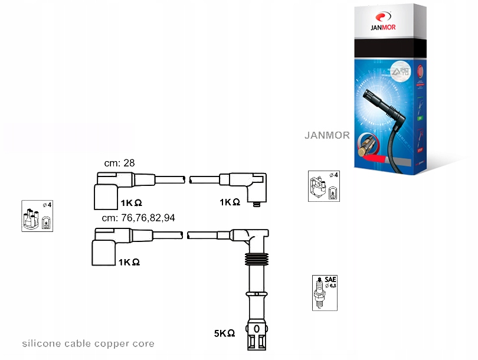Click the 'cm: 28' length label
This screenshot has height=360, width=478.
120,163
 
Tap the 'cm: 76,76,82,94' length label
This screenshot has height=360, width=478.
139,218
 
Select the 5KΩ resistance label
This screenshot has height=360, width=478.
224,333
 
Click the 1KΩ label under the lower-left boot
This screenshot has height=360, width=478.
129,261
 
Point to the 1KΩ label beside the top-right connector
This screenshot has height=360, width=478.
230,202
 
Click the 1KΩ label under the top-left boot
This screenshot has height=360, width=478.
131,202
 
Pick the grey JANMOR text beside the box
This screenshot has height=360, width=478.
327,135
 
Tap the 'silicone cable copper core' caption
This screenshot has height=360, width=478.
88,343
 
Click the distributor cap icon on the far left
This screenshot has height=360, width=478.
37,216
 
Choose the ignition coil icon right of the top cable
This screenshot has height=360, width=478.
323,186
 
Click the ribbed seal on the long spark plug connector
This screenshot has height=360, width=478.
256,260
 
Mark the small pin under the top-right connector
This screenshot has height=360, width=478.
256,205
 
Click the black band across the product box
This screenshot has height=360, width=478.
387,50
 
